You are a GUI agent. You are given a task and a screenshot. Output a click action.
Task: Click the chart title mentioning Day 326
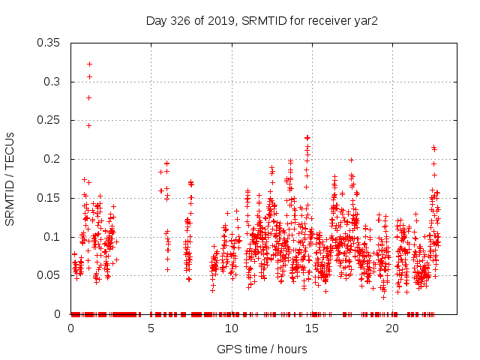(x=261, y=20)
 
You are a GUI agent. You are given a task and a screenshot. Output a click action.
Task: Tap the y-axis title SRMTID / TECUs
(x=10, y=178)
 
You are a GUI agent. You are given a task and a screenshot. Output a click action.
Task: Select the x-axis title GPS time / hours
(x=262, y=349)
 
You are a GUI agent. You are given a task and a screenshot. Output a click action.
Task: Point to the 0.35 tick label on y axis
(x=49, y=43)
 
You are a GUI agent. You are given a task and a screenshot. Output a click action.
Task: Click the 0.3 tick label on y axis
(x=52, y=82)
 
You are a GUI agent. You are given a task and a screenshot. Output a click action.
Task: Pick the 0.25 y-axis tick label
(x=49, y=121)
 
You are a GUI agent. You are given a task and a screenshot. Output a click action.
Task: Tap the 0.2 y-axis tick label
(x=52, y=159)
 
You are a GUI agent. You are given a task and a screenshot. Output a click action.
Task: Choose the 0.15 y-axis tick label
(x=49, y=198)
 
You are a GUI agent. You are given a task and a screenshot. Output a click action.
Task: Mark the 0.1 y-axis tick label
(x=52, y=237)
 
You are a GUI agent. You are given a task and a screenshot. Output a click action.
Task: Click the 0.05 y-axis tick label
(x=49, y=275)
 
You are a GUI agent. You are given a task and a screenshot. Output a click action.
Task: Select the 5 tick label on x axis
(x=151, y=328)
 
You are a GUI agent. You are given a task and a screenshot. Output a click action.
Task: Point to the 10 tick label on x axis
(x=231, y=328)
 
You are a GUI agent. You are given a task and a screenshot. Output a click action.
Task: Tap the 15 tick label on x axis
(x=311, y=328)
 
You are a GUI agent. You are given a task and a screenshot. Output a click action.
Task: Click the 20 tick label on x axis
(x=391, y=328)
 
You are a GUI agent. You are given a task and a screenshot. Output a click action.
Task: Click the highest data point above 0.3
(x=89, y=64)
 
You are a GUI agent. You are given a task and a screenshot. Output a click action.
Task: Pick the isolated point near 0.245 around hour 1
(x=88, y=125)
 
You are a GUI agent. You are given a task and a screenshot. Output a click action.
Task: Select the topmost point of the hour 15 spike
(x=307, y=138)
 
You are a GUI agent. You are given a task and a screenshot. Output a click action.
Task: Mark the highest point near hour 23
(x=433, y=148)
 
